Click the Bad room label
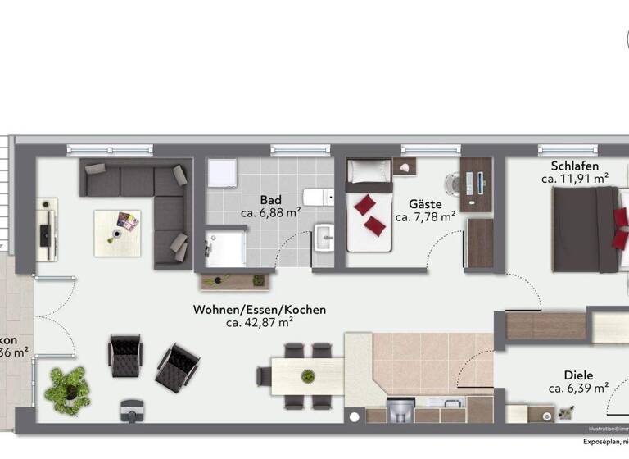[271, 199]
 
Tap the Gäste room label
[425, 204]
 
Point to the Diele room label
[577, 375]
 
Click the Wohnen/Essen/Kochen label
[260, 310]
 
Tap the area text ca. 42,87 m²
[260, 323]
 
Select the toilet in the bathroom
[318, 197]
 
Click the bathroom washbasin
[325, 239]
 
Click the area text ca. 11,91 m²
[574, 178]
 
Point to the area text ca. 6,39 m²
[577, 388]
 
